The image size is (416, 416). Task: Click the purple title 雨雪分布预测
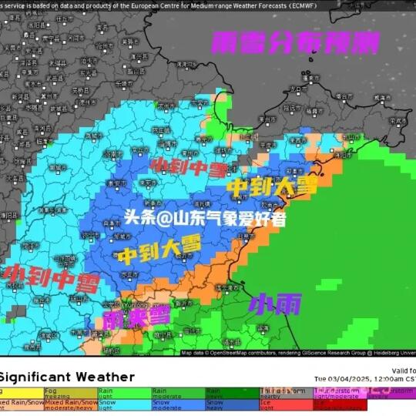coord(296,42)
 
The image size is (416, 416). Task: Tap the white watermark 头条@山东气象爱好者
coord(205,218)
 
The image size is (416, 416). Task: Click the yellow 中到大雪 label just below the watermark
coord(159,249)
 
